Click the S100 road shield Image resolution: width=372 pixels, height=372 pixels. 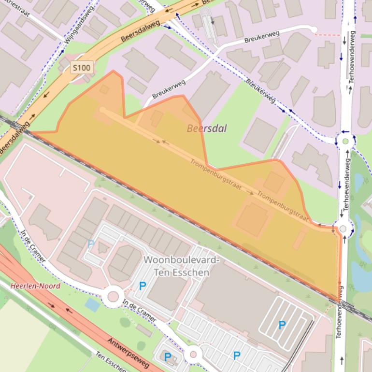pos(81,68)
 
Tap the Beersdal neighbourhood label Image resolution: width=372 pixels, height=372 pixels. pos(206,129)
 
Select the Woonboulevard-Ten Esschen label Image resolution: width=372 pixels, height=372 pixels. pos(181,266)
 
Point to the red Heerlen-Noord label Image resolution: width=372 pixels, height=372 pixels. pos(35,286)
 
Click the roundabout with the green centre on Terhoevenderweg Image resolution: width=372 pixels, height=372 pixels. pos(345,142)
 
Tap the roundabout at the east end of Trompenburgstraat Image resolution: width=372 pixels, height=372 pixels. pos(343,229)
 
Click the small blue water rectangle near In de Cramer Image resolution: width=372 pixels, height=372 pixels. pos(92,305)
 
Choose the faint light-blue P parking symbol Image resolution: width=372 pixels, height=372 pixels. pos(91,244)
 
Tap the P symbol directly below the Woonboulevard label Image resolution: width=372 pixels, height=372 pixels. pos(143,286)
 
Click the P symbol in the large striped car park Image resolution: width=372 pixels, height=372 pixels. pos(282,325)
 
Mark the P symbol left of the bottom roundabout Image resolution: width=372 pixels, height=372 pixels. pos(167,357)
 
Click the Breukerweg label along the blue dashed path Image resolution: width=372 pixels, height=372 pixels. pos(261,90)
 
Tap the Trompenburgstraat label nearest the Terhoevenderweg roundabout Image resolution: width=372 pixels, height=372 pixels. pos(283,206)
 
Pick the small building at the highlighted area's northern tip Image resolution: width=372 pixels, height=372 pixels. pos(104,89)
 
